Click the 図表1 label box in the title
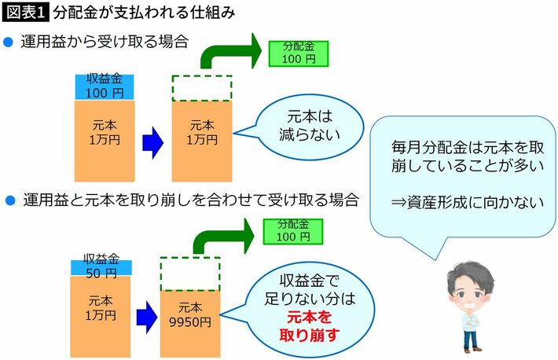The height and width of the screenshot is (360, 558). point(28,13)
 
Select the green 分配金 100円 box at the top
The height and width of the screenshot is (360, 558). point(298,51)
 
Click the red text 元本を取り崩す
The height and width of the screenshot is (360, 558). point(298,328)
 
